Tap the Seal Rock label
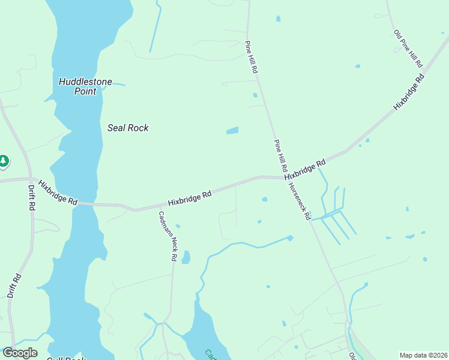128,128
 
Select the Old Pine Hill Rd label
409,49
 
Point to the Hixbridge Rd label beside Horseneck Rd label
306,169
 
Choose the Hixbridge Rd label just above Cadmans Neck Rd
190,199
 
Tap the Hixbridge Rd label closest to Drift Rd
58,193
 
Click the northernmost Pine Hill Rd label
252,58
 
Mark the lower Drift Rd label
14,286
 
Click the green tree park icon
4,161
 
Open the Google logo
20,353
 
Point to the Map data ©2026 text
423,355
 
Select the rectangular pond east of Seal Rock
232,130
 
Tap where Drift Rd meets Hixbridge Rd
29,178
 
